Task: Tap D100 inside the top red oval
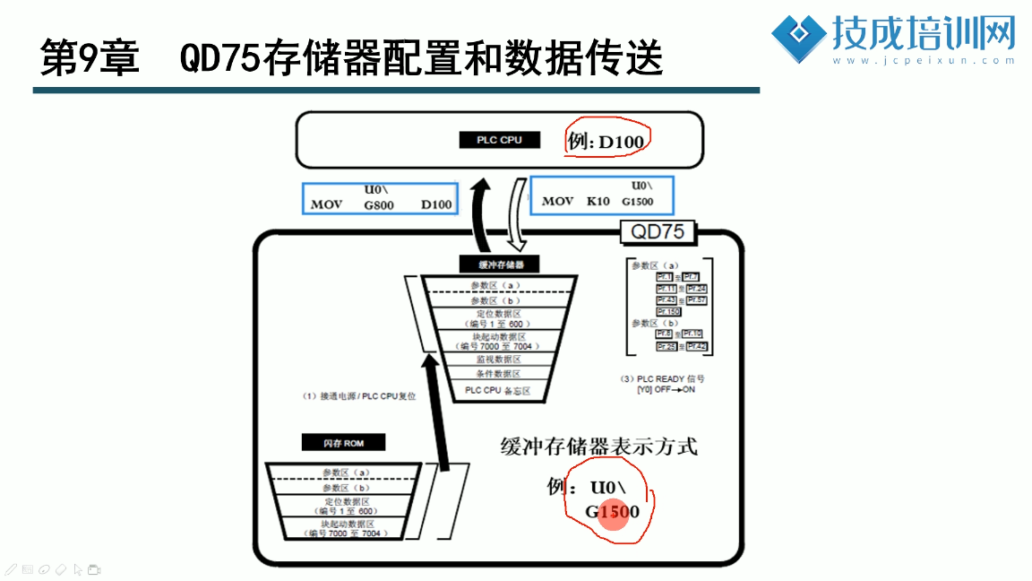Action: click(x=621, y=142)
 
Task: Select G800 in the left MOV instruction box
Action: click(x=379, y=204)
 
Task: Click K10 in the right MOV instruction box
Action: click(x=598, y=201)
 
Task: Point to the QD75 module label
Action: click(x=658, y=232)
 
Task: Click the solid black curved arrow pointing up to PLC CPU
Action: click(x=482, y=215)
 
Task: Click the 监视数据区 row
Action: click(x=497, y=358)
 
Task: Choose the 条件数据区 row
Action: click(x=497, y=374)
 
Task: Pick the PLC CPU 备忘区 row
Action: click(x=497, y=391)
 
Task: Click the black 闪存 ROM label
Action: click(x=342, y=442)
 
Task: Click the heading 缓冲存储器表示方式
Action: click(x=598, y=446)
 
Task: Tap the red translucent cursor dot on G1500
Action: click(x=612, y=514)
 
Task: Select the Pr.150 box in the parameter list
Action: click(x=668, y=312)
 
